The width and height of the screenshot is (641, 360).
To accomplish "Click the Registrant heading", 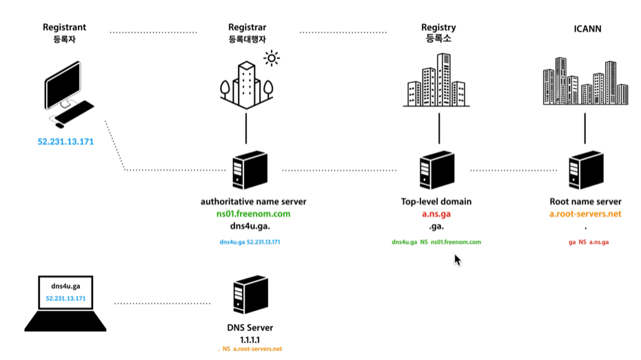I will (64, 28).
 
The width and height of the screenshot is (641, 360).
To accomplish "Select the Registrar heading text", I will (247, 28).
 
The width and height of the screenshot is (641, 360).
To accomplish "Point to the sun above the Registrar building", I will (272, 59).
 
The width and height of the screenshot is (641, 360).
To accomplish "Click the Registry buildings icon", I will (438, 81).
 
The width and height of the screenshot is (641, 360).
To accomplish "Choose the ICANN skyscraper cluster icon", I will (585, 81).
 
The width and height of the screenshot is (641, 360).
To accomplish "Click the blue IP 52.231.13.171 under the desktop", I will (65, 142).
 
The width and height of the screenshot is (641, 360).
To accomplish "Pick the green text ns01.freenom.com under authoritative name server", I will (253, 214).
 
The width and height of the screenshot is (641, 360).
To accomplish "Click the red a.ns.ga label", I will (436, 214).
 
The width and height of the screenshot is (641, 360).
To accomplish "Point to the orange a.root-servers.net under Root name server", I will (586, 214).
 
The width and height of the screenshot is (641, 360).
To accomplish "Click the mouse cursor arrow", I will (457, 260).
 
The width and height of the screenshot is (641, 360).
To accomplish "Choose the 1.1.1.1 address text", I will (249, 339).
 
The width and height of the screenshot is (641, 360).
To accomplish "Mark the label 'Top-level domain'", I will (436, 202).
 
